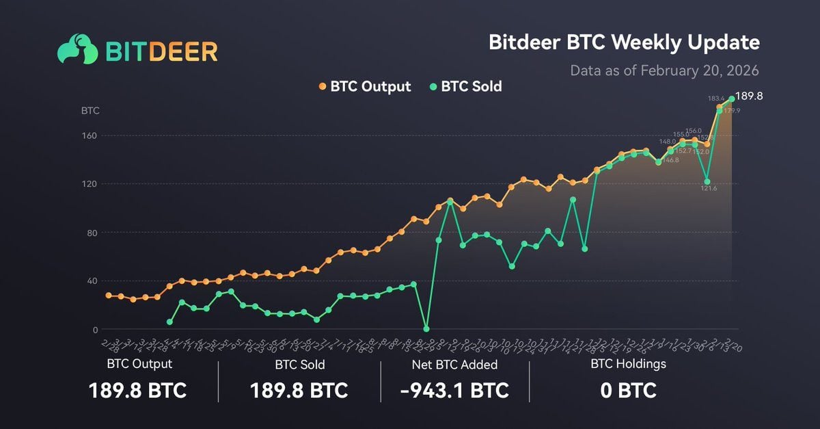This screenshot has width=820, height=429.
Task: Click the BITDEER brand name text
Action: tap(161, 51)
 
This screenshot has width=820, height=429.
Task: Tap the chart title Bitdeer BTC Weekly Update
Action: tap(624, 42)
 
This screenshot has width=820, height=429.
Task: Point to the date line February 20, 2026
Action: tap(664, 70)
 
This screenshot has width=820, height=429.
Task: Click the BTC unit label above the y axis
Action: tap(90, 110)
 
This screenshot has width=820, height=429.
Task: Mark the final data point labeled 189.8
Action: tap(732, 99)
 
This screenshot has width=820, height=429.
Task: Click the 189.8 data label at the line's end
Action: tap(749, 96)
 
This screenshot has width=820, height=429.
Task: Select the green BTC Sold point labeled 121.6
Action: tap(707, 182)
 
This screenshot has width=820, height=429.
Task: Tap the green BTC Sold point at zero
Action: tap(426, 329)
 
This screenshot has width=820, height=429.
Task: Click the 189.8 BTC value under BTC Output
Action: tap(137, 391)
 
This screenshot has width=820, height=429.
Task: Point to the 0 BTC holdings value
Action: tap(628, 391)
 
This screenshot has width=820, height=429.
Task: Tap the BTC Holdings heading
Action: tap(628, 364)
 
